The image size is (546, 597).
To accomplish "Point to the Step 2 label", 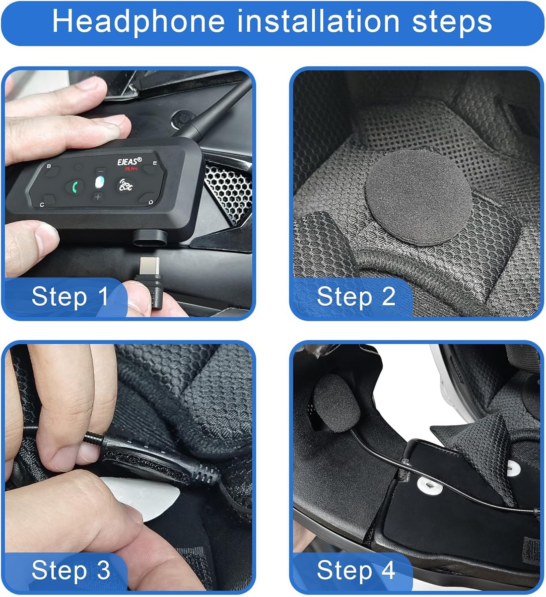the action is pos(356,297).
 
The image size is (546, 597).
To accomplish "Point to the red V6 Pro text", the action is pos(131,169).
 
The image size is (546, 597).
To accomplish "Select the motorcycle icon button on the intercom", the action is pos(126,185).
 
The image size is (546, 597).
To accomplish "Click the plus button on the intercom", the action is pos(98,197).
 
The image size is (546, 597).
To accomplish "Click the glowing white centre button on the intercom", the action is pos(100,182).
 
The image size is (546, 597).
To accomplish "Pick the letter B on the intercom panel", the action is pos(49,166).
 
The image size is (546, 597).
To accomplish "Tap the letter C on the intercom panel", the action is pos(42,205).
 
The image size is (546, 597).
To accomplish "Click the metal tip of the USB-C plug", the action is pos(149,266).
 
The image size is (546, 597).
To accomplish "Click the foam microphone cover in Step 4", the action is pos(336,403).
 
